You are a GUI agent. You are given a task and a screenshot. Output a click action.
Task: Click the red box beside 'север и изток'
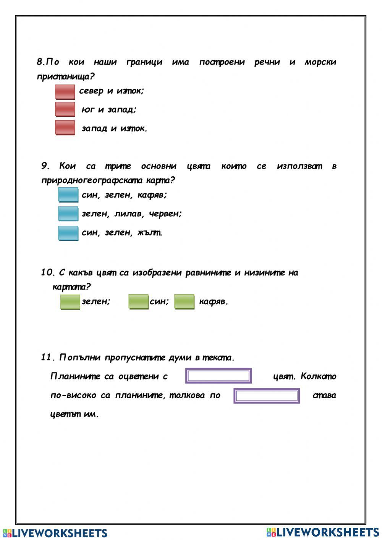65,92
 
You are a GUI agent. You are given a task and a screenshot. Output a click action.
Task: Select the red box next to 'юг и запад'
65,109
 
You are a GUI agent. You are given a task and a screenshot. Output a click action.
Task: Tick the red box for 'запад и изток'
65,128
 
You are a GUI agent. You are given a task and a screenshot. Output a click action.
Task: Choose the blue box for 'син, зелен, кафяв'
68,195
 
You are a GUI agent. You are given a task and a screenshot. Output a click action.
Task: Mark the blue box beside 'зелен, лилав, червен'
68,213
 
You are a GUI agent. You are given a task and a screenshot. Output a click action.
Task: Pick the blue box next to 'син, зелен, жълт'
68,233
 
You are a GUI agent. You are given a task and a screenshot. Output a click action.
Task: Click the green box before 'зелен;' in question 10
70,302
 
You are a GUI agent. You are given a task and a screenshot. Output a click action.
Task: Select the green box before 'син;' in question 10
138,302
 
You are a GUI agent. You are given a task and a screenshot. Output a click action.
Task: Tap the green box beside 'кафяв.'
184,302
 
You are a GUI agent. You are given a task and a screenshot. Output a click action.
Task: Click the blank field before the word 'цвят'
219,376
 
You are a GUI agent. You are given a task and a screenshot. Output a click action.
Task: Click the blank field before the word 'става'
267,396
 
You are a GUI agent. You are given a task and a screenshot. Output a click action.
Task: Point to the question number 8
40,62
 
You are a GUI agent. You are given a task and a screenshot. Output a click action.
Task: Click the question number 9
45,166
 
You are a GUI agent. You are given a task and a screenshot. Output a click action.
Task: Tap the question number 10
48,272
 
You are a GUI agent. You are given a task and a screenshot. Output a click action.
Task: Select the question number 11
48,357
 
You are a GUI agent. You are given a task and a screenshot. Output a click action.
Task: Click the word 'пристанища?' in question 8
65,76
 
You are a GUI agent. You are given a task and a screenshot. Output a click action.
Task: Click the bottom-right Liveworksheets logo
323,532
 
